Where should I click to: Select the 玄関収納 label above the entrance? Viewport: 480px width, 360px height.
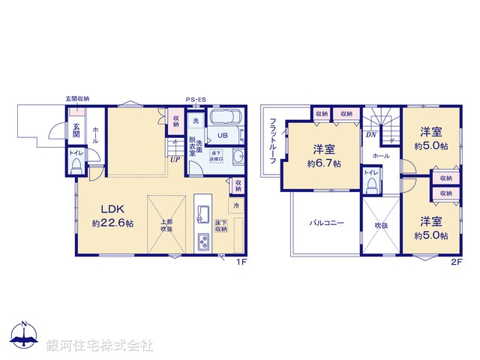coord(77,99)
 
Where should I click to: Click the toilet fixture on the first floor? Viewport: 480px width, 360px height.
coord(76,166)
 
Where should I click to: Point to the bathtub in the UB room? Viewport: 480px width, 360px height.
coord(223,118)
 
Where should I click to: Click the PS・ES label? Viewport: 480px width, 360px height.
coord(196,99)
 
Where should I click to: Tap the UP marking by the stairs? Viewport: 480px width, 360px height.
coord(174,159)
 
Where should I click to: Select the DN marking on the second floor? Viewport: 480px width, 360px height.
coord(370,135)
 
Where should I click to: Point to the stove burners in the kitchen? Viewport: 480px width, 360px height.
coord(204,241)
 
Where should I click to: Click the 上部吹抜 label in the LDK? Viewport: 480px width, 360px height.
coord(165,226)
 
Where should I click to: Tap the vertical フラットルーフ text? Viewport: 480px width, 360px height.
coord(274,145)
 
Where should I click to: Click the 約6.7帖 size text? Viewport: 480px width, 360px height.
coord(323,163)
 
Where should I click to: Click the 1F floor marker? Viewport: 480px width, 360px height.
coord(242,262)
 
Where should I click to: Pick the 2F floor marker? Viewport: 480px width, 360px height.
coord(456,262)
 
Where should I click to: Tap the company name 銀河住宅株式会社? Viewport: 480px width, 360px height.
coord(100,346)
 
